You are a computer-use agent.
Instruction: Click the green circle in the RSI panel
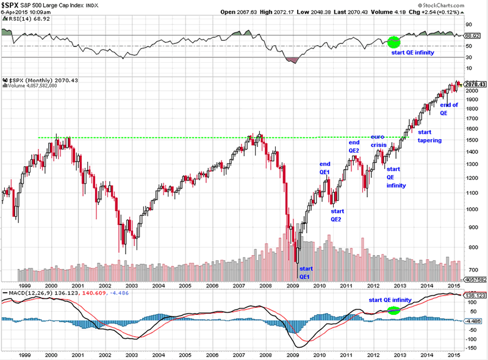tap(393, 42)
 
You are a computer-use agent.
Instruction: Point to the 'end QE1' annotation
tap(325, 168)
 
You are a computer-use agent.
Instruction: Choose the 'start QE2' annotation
tap(337, 215)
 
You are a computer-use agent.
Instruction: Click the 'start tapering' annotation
tap(429, 136)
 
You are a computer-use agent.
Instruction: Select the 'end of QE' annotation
tap(448, 109)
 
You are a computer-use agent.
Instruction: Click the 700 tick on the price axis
tap(471, 269)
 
